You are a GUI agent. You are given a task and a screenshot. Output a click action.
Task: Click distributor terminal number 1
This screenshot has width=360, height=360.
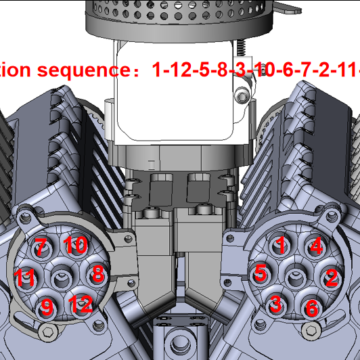(x=281, y=245)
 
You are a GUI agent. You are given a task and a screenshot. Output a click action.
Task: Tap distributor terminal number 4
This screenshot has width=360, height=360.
(x=315, y=246)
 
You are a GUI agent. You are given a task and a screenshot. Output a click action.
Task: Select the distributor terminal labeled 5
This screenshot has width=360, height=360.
(x=261, y=274)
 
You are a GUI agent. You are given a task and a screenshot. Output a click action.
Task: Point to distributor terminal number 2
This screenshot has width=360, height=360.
(x=332, y=277)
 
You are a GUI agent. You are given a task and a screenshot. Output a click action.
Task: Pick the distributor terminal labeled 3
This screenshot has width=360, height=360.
(x=276, y=304)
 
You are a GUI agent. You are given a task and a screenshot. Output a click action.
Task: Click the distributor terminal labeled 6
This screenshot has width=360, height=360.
(x=311, y=307)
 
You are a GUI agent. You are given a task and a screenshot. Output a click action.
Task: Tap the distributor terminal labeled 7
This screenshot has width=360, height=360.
(x=41, y=248)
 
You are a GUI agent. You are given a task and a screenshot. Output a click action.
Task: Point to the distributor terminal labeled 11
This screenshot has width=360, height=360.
(x=25, y=277)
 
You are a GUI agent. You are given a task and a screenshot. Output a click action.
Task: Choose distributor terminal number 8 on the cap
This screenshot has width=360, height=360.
(x=97, y=273)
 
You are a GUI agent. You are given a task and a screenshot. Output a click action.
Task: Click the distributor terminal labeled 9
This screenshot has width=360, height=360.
(x=46, y=307)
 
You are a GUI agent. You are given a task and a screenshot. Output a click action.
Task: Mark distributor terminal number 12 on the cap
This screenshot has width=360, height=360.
(x=81, y=305)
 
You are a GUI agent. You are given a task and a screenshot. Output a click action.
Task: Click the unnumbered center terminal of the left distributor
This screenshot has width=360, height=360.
(x=62, y=276)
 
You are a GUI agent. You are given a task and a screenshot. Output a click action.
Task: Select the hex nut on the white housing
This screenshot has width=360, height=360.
(x=242, y=97)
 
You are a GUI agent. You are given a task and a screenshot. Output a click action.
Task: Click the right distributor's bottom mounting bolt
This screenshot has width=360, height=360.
(x=311, y=330)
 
